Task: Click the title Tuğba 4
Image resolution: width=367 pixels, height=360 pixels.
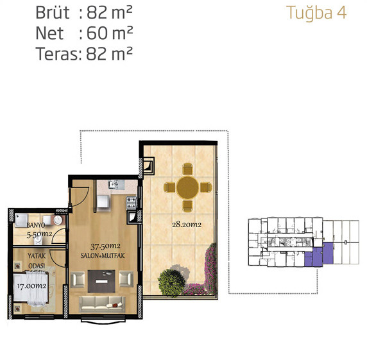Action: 316,13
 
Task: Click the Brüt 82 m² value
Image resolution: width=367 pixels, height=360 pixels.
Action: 110,12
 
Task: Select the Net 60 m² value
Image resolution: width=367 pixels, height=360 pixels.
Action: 110,33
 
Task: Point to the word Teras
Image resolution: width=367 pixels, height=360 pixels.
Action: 56,54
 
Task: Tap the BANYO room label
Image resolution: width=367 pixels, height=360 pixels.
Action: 36,225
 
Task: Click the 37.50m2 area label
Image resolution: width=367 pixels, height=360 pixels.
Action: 105,246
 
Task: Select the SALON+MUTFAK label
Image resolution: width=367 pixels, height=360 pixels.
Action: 103,255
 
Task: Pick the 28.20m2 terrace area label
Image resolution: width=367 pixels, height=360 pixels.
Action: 187,225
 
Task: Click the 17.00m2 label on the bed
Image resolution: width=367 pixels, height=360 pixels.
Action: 31,286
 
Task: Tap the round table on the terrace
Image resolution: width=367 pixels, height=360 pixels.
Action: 188,188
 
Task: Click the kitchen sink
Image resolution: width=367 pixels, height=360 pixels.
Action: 114,185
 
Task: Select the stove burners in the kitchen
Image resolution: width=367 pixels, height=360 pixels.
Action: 132,203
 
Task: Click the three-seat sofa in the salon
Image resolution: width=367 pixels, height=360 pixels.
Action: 102,304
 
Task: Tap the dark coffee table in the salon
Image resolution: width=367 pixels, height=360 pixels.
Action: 101,281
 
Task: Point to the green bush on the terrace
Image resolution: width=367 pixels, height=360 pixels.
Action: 171,283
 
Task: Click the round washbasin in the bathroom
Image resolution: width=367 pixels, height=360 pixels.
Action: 58,220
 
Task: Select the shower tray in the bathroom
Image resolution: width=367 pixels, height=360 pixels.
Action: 21,220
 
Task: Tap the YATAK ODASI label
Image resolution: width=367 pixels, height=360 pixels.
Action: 37,261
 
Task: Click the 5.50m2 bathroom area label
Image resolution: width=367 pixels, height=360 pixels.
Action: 39,234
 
